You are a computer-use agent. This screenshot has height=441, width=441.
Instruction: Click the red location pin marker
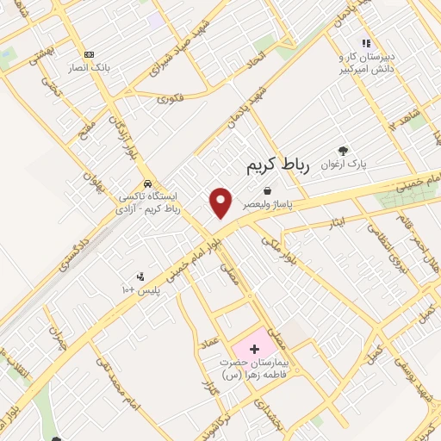tap(222, 202)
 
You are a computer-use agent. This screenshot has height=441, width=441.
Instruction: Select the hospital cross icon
tap(254, 349)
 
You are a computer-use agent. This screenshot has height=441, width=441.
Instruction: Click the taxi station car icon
tap(148, 183)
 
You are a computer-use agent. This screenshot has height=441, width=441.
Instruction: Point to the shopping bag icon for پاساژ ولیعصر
tap(270, 190)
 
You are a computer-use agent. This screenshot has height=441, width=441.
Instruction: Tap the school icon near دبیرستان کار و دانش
tap(365, 42)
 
